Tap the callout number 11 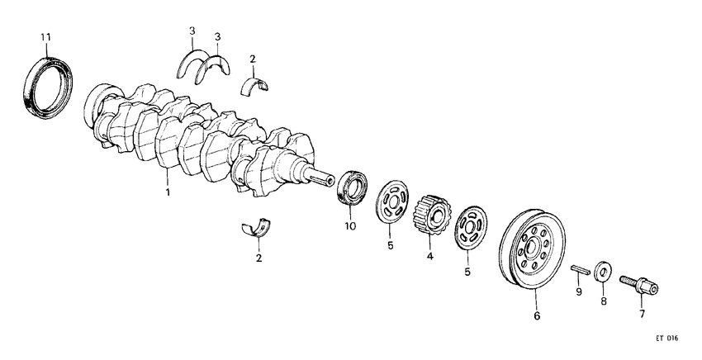click(45, 37)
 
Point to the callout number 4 click(429, 257)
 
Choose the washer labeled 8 click(602, 271)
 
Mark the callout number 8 click(603, 302)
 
